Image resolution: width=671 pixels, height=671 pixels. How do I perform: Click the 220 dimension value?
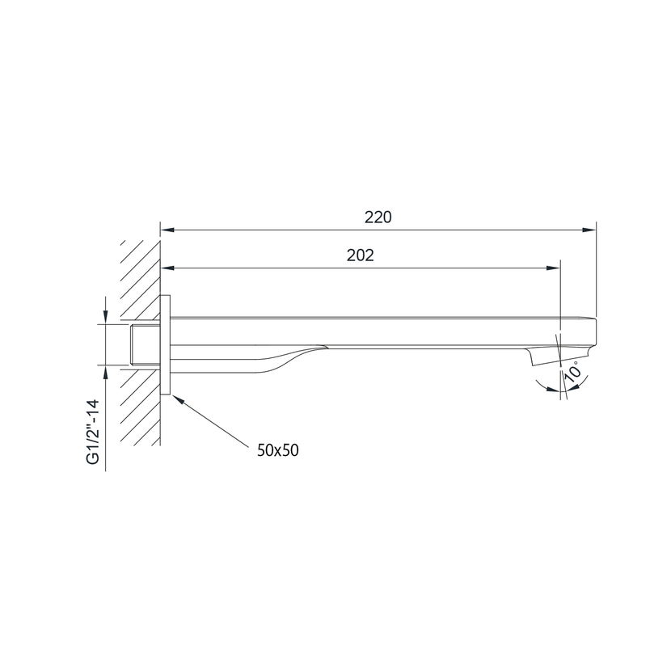[378, 217]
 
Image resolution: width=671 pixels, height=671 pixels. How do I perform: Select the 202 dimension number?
[360, 255]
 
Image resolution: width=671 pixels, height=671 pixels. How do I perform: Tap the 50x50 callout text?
[278, 450]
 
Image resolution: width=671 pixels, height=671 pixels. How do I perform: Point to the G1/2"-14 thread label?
[93, 432]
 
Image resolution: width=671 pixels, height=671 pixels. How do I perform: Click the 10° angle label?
[573, 370]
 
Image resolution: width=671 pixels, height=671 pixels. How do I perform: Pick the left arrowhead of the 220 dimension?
[167, 230]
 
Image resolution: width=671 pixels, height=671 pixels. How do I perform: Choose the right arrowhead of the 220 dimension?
[589, 230]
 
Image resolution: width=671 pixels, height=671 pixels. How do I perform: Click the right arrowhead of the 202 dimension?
[553, 268]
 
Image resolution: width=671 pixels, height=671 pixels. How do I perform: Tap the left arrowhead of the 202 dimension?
[167, 268]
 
